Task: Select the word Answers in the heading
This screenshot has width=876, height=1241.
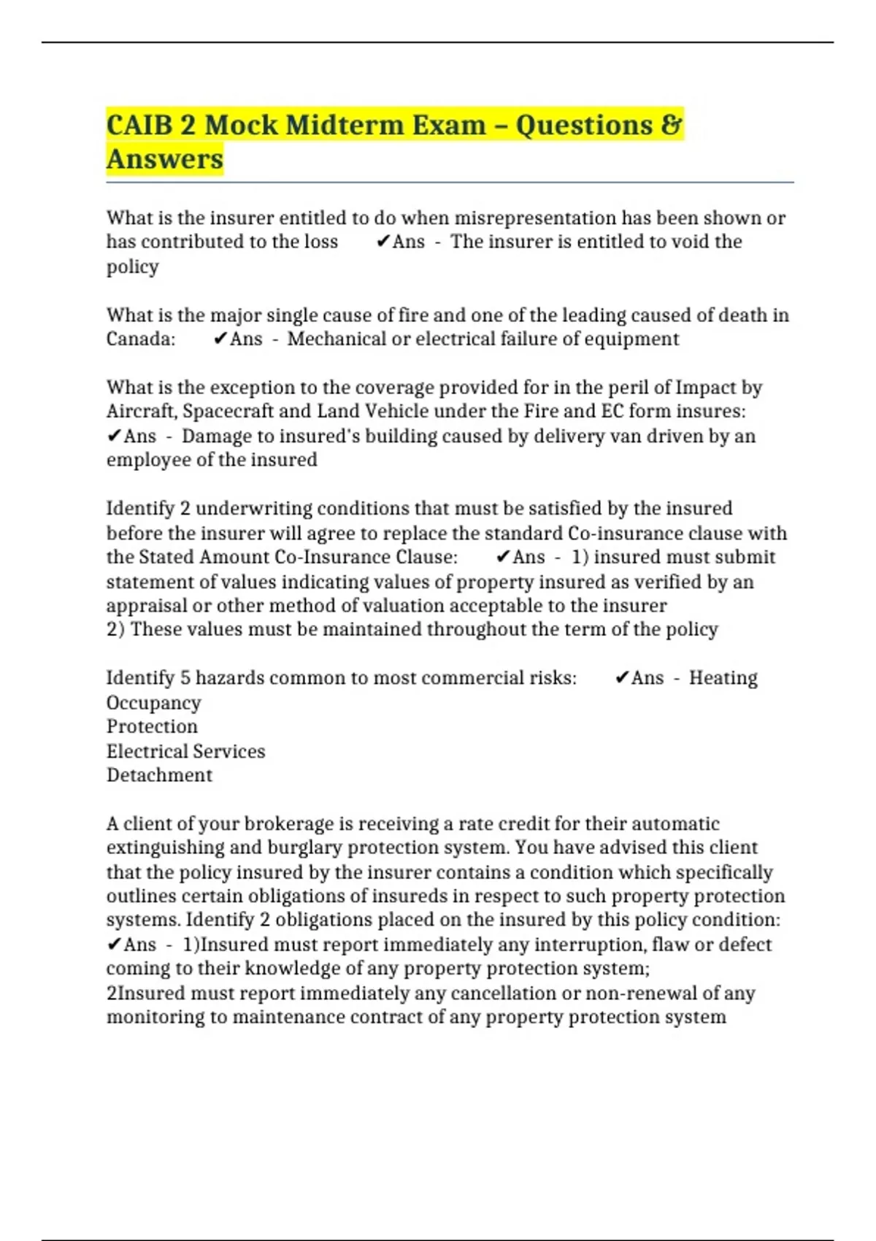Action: (165, 159)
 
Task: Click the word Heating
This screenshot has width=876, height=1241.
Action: (723, 678)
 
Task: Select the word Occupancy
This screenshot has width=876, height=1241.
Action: (153, 703)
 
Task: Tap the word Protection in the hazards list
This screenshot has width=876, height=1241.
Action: (152, 726)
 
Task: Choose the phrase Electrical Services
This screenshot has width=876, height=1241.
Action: (185, 751)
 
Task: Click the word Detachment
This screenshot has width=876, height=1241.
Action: (159, 775)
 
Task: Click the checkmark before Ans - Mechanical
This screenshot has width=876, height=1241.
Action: (220, 339)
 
